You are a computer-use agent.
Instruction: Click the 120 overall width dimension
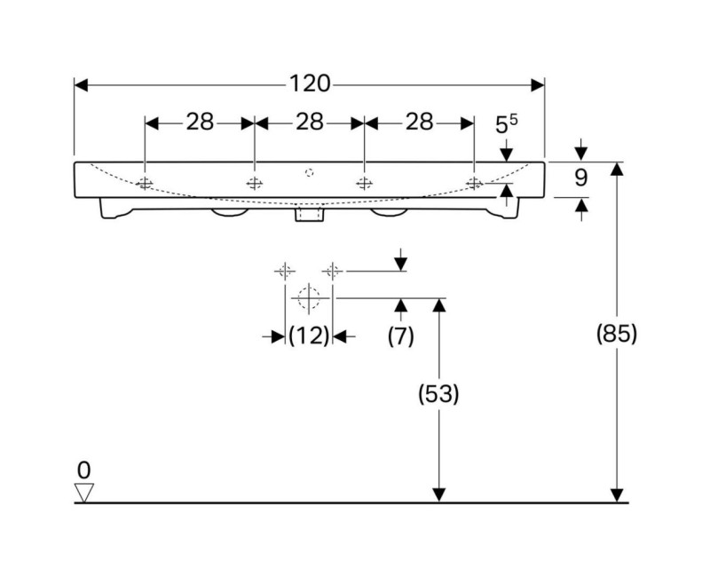pyautogui.click(x=309, y=84)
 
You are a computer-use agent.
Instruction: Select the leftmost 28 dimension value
pyautogui.click(x=200, y=123)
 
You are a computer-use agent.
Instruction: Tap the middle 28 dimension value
pyautogui.click(x=309, y=123)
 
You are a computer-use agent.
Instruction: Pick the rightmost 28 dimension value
pyautogui.click(x=419, y=123)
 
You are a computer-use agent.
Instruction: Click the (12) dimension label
pyautogui.click(x=309, y=335)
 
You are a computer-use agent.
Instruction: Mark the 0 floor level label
pyautogui.click(x=84, y=470)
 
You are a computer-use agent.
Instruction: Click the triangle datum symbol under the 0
pyautogui.click(x=84, y=492)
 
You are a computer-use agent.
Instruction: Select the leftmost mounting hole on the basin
pyautogui.click(x=145, y=184)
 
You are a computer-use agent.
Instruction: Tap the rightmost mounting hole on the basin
pyautogui.click(x=474, y=184)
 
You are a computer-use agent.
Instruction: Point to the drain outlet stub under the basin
pyautogui.click(x=308, y=214)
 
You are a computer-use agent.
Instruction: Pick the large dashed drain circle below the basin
pyautogui.click(x=308, y=298)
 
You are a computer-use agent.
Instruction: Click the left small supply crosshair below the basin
pyautogui.click(x=284, y=270)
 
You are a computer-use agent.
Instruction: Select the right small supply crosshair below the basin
pyautogui.click(x=333, y=270)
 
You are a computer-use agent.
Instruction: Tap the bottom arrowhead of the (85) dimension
pyautogui.click(x=618, y=495)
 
